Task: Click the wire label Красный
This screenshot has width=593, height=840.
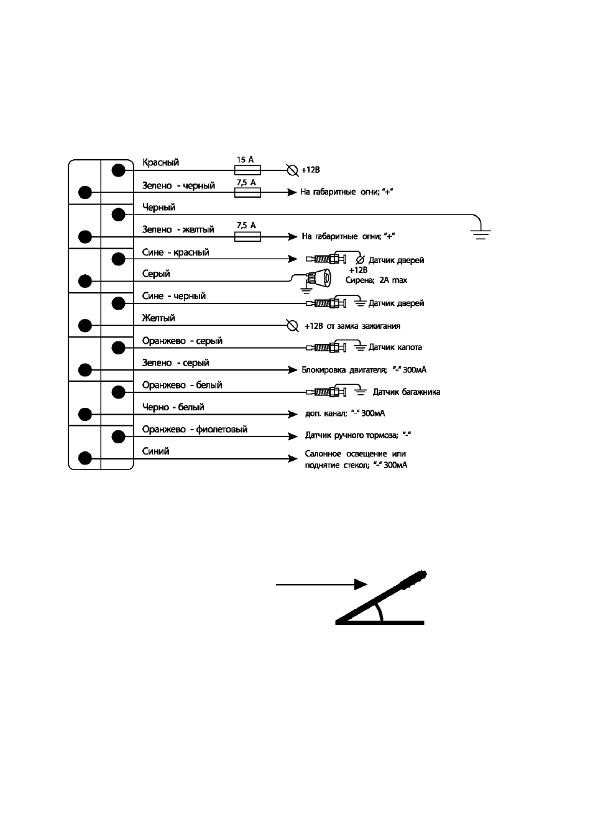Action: point(160,163)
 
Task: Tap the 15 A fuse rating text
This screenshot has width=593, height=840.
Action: point(245,159)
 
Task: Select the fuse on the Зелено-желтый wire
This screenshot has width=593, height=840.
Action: point(247,237)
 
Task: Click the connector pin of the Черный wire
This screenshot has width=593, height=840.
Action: point(119,215)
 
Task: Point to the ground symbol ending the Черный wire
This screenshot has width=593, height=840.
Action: point(480,234)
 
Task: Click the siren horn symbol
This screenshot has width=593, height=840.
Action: point(319,279)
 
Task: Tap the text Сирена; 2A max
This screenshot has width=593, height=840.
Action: point(376,280)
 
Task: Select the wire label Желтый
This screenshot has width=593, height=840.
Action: point(158,318)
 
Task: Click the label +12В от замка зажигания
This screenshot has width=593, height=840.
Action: point(352,326)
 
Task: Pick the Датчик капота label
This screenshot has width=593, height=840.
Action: point(395,347)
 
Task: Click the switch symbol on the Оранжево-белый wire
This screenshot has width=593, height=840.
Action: point(326,392)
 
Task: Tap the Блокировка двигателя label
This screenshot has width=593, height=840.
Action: point(344,370)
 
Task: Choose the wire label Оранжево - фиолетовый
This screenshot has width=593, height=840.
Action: point(195,430)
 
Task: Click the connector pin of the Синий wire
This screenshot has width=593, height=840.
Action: point(85,458)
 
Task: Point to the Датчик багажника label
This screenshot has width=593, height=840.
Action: point(407,392)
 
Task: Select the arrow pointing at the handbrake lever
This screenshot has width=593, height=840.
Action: point(321,584)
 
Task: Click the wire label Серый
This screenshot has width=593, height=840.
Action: point(156,274)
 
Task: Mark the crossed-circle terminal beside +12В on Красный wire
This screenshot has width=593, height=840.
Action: point(292,170)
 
